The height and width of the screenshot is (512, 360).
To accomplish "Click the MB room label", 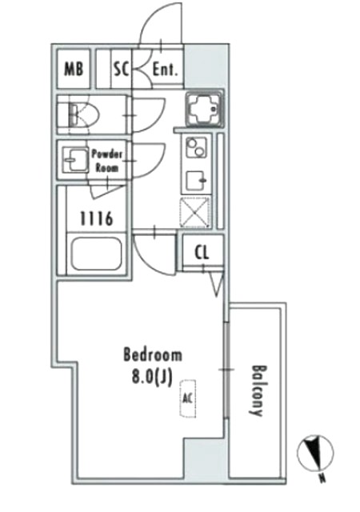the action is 74,69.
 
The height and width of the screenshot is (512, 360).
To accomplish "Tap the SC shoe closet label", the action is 122,69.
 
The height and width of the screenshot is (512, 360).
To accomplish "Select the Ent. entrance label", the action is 166,70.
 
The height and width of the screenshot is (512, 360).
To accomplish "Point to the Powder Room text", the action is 106,161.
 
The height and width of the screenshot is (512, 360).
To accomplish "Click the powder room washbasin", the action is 75,160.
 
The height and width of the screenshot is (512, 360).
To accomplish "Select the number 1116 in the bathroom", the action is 97,218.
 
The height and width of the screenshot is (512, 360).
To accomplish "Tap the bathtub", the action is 96,254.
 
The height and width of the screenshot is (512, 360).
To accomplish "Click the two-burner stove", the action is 196,147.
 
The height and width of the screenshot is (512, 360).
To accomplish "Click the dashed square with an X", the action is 195,212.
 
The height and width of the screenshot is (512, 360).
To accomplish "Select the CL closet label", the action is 202,253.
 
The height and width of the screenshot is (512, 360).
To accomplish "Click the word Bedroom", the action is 153,355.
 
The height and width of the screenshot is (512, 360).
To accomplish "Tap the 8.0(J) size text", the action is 151,378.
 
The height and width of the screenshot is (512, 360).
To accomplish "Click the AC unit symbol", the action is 189,398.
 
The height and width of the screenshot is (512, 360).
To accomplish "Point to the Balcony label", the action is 257,390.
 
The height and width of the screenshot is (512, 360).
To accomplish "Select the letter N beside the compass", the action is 322,478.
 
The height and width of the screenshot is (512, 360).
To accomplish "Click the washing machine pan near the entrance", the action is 205,110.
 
